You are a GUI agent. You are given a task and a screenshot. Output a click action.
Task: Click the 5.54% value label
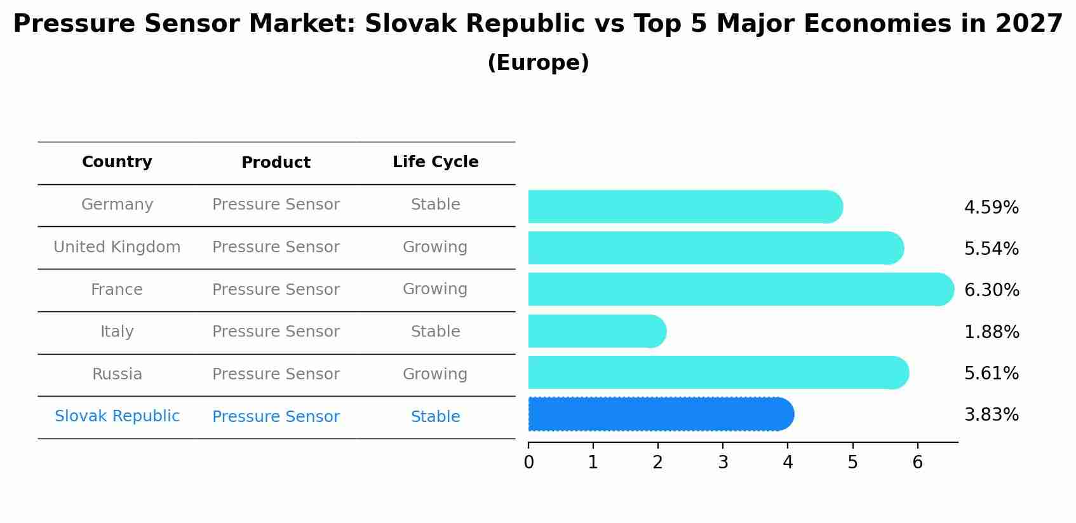click(x=991, y=248)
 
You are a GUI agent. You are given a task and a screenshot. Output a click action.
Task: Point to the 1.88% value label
click(x=991, y=332)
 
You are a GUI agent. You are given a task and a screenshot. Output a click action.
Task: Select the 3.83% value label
click(x=991, y=415)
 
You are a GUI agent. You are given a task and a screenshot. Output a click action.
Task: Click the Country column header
click(x=117, y=162)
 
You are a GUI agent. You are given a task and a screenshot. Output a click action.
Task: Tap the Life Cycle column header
click(x=435, y=162)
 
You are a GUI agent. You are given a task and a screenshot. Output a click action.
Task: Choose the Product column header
click(x=276, y=163)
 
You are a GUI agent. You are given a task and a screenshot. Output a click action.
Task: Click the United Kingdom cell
click(x=117, y=247)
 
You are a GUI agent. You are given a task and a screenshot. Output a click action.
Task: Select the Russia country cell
click(x=117, y=374)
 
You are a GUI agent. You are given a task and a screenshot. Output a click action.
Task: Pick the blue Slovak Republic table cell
click(x=117, y=416)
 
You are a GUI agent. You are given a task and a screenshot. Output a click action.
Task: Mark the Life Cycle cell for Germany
click(x=435, y=205)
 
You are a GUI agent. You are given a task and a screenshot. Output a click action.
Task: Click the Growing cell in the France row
click(x=435, y=289)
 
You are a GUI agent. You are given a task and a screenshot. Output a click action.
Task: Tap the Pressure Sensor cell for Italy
click(x=276, y=332)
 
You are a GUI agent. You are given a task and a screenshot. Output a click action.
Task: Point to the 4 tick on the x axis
click(x=788, y=462)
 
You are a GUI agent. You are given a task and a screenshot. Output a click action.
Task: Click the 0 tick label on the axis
click(x=528, y=462)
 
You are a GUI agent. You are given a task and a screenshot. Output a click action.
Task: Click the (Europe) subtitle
click(x=538, y=63)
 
